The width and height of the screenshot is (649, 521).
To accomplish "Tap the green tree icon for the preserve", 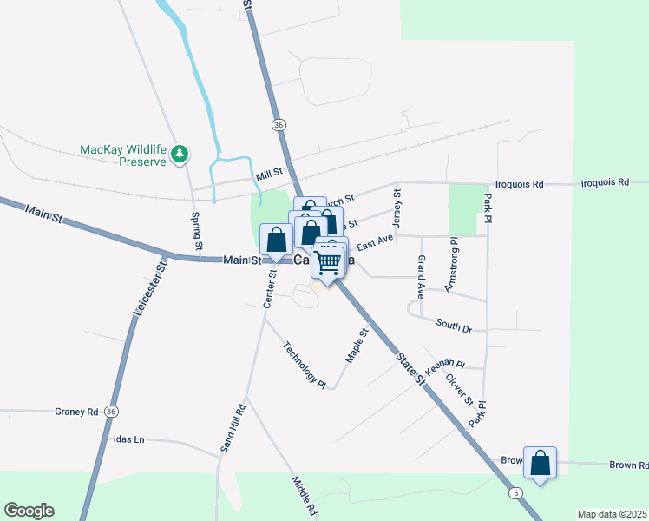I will click(180, 155).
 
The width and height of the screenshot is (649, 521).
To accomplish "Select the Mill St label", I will click(270, 175).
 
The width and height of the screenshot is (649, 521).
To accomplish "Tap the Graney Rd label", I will click(76, 412).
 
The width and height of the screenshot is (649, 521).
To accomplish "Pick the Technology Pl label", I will click(304, 364).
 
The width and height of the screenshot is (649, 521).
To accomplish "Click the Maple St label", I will click(357, 344).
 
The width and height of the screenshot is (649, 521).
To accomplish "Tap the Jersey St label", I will click(397, 205).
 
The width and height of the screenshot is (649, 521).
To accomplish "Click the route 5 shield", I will click(517, 493).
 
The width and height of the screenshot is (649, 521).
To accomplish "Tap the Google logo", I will click(29, 511).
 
